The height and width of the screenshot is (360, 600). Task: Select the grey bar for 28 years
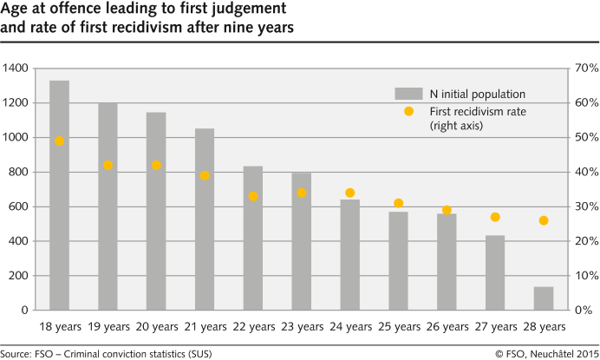point(543,298)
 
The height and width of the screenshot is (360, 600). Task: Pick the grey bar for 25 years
point(398,260)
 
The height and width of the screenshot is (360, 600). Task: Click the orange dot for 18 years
point(59,141)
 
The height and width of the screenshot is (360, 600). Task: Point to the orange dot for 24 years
point(349,193)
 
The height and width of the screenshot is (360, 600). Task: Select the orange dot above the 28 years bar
point(543,220)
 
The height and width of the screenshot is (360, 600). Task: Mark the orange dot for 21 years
point(205,175)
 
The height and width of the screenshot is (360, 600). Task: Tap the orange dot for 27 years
point(495,217)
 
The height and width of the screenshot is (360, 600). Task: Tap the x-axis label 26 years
point(447,327)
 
